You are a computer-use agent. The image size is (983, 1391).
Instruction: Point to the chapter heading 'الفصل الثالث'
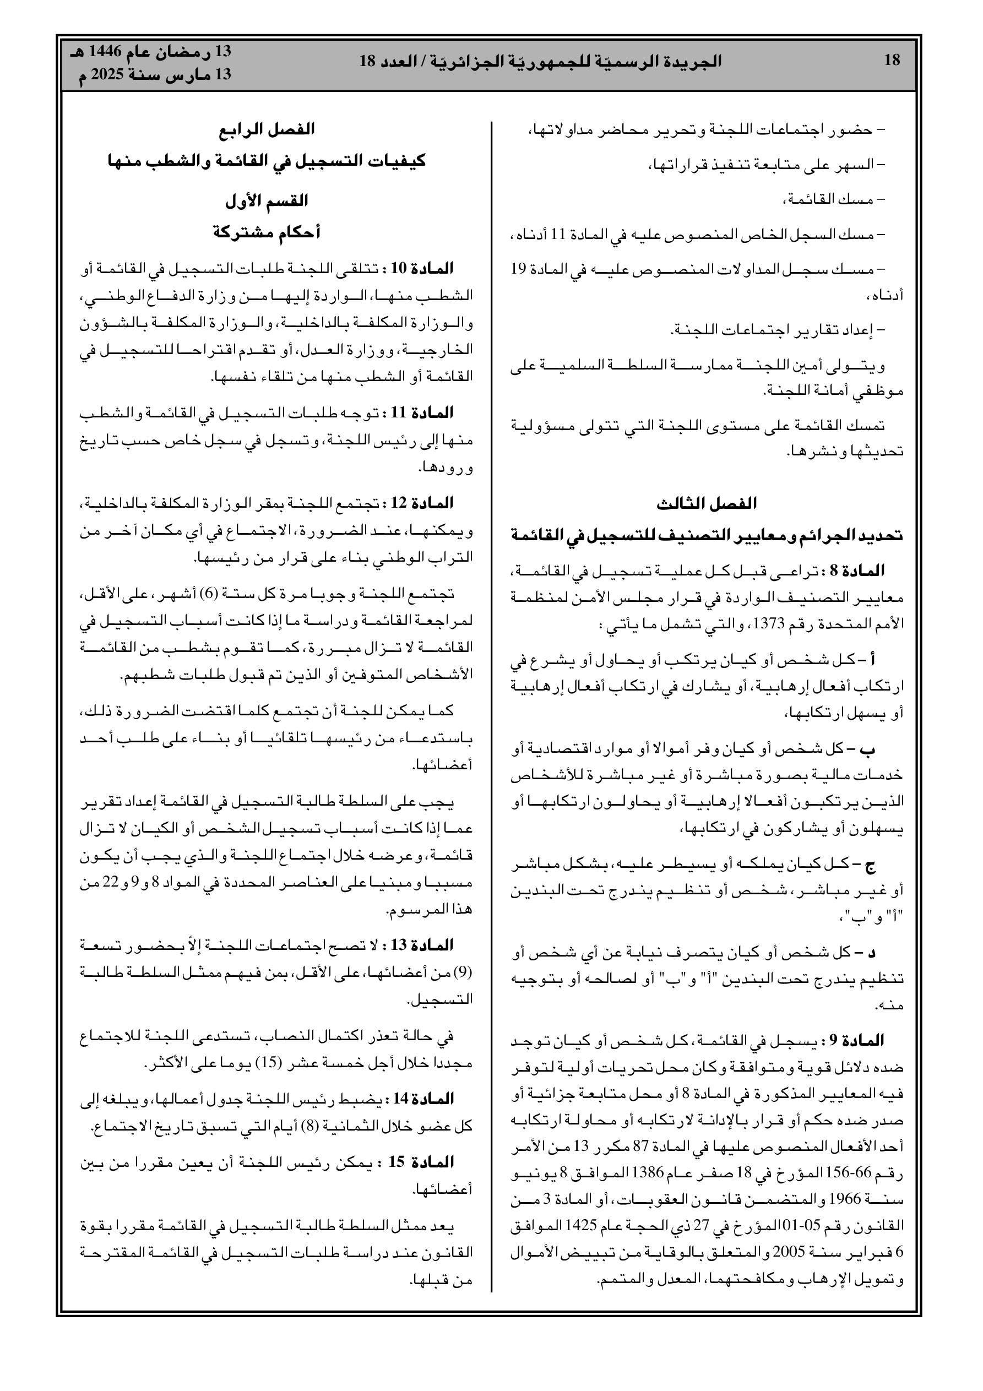(707, 503)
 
